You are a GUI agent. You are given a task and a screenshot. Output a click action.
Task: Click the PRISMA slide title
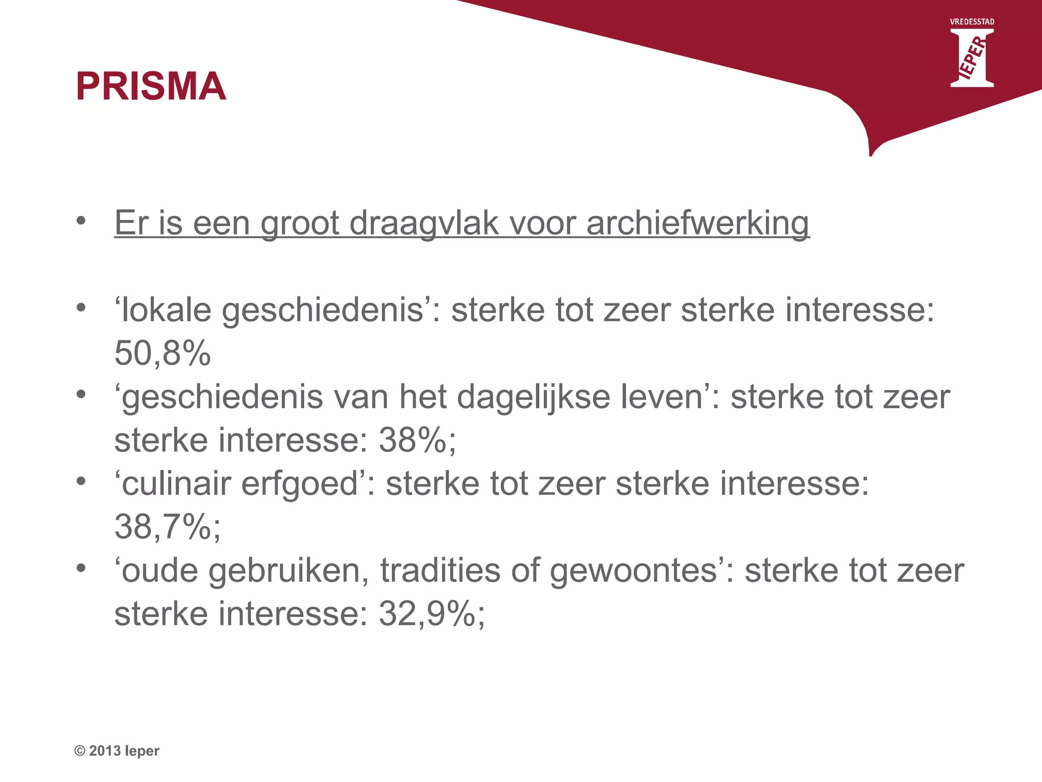[x=151, y=86]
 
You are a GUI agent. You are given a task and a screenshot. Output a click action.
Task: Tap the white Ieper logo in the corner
[x=972, y=58]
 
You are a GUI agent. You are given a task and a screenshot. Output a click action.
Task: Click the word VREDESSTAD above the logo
[x=972, y=22]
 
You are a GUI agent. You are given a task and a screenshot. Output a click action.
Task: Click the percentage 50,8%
[x=162, y=353]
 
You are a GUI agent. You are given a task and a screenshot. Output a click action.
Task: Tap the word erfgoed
[x=300, y=484]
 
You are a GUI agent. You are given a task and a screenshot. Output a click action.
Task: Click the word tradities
[x=440, y=570]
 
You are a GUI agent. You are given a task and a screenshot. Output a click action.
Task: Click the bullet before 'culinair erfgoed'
[x=81, y=481]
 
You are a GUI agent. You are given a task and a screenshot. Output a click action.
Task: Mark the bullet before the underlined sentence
[x=81, y=221]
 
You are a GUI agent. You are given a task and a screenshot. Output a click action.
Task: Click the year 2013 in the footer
[x=105, y=751]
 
